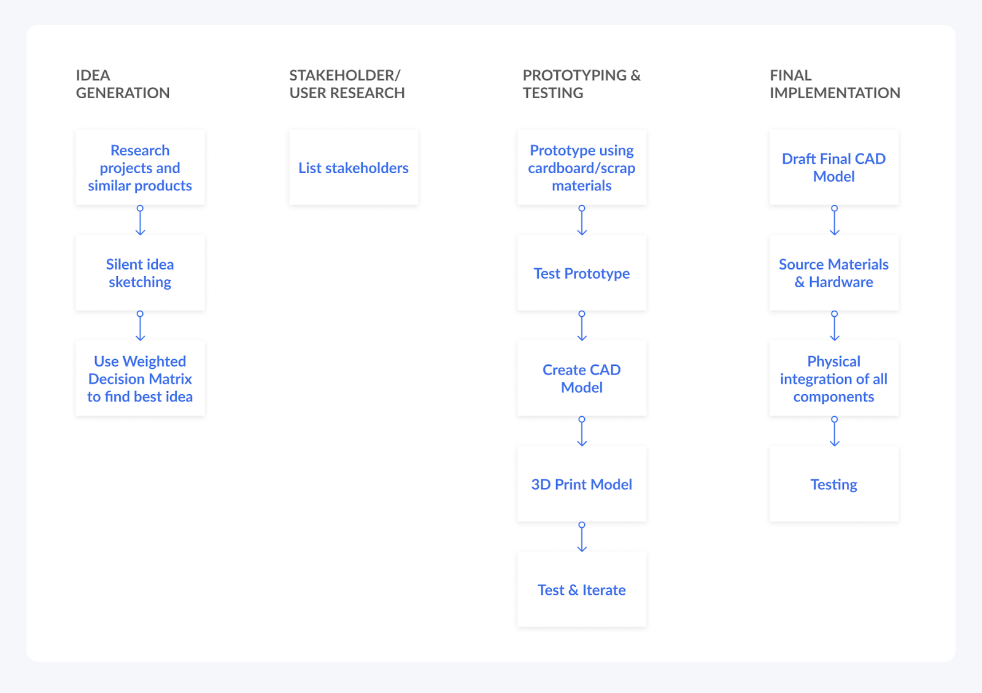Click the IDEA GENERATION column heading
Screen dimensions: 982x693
123,84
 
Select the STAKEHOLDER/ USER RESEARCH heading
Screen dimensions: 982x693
347,84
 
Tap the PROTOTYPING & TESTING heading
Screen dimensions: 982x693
581,84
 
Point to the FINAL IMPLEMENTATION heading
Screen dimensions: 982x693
835,84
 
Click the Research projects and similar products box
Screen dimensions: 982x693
141,168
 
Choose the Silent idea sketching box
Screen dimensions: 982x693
141,273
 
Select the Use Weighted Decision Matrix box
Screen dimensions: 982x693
141,379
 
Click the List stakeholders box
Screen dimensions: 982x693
354,168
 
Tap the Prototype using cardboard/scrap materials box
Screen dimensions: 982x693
582,168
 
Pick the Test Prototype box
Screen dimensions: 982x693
582,273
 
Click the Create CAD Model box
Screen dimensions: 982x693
582,379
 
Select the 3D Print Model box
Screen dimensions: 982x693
582,484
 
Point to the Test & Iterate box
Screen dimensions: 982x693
582,590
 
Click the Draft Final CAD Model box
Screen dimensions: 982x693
834,168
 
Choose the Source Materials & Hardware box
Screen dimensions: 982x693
834,273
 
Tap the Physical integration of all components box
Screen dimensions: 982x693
834,379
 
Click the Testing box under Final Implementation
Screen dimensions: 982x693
834,484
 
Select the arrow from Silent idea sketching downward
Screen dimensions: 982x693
141,326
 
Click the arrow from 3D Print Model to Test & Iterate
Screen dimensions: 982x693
582,537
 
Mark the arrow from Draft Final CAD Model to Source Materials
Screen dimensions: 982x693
835,220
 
